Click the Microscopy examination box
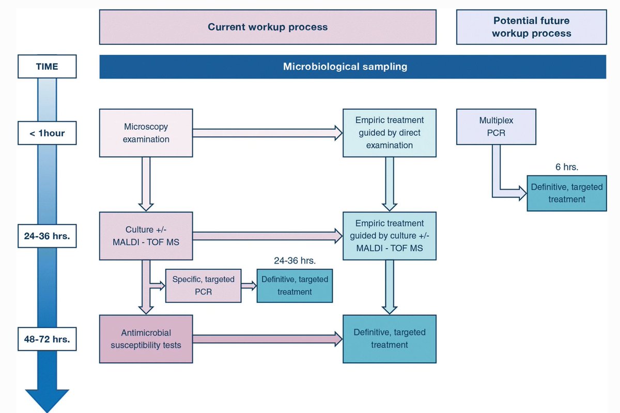(x=146, y=133)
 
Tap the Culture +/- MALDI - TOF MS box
(x=146, y=236)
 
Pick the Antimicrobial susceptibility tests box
(x=146, y=339)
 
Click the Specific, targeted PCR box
(x=203, y=285)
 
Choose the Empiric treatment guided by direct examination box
(x=389, y=133)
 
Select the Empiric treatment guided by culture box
(x=389, y=236)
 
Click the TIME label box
(x=47, y=67)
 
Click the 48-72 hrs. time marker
(x=47, y=340)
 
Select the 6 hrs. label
(x=566, y=167)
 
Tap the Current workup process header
(x=268, y=27)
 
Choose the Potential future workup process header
(x=531, y=27)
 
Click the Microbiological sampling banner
(x=352, y=67)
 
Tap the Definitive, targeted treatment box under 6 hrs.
(x=566, y=193)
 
